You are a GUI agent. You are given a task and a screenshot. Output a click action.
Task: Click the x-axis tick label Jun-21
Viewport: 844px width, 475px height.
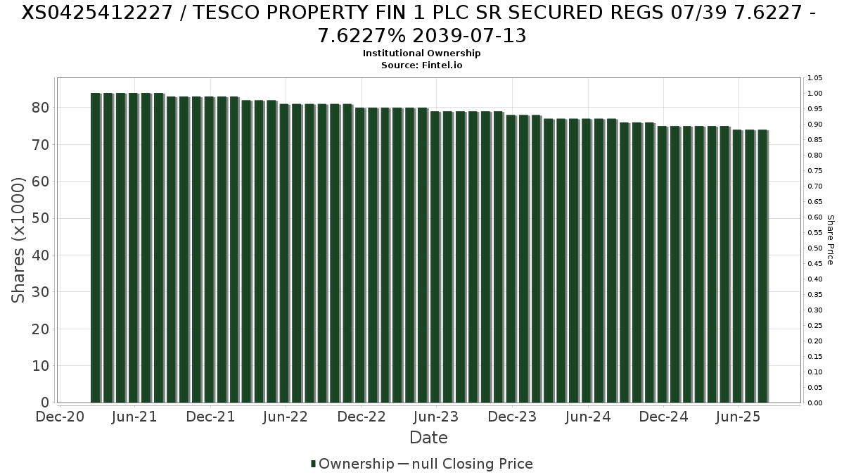[134, 417]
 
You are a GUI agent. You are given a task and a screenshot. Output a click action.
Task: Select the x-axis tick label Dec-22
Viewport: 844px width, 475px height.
[362, 417]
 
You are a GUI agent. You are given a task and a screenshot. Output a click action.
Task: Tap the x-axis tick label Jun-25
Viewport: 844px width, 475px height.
[738, 417]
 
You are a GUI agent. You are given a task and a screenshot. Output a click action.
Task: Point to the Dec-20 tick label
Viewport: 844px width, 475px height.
[60, 417]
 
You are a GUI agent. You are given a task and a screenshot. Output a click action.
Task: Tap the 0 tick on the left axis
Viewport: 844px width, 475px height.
[45, 403]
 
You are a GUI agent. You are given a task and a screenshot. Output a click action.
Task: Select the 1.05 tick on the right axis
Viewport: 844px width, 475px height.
[815, 78]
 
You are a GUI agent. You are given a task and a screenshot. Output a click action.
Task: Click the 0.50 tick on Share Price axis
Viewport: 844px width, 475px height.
[815, 248]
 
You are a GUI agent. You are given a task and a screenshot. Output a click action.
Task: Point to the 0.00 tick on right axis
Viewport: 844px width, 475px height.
[815, 403]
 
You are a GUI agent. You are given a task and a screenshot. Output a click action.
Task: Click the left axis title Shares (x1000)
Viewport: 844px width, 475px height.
[18, 240]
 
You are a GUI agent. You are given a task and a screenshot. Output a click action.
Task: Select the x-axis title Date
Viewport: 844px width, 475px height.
[428, 438]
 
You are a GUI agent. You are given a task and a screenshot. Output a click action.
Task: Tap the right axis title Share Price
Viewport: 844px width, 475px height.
[830, 240]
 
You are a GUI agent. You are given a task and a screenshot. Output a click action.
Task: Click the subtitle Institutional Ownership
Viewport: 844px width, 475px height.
[421, 53]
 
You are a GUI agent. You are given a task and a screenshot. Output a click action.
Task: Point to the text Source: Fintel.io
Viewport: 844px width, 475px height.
[421, 65]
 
